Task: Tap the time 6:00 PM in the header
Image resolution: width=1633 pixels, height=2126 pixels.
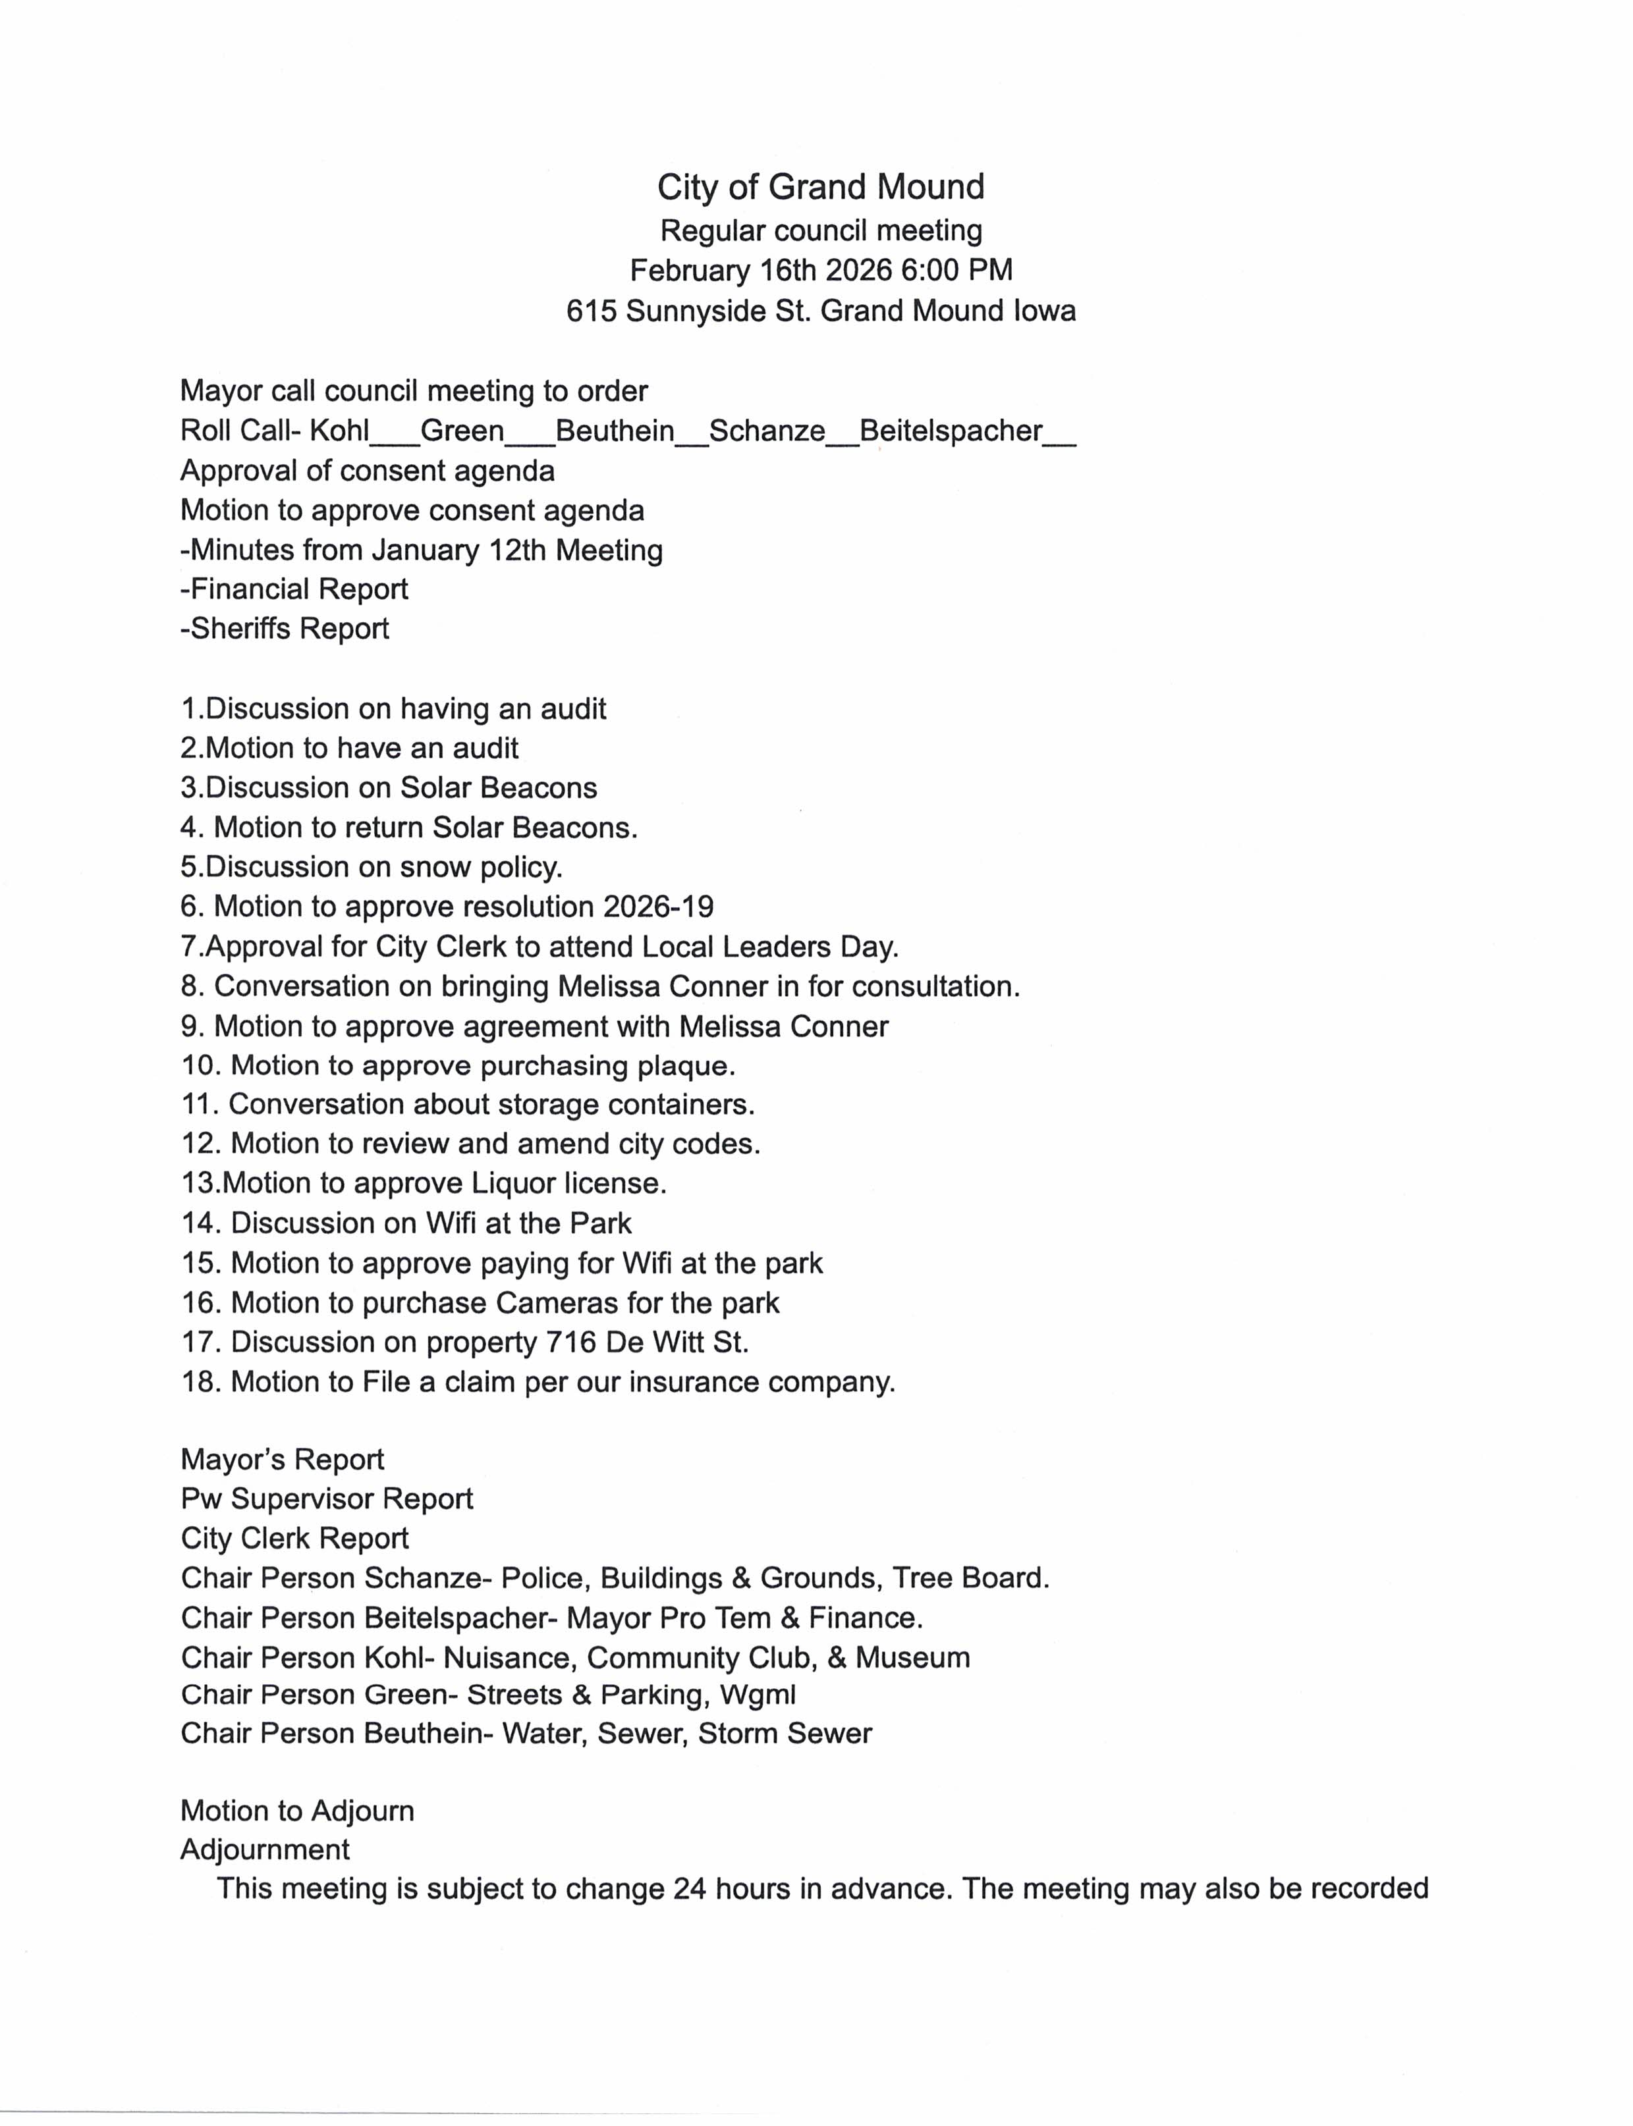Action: click(x=956, y=270)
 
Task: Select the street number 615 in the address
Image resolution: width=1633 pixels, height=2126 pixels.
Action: click(x=592, y=311)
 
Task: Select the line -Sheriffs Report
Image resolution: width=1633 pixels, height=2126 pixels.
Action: click(x=285, y=629)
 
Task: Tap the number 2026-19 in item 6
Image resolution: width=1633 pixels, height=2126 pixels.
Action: click(x=658, y=907)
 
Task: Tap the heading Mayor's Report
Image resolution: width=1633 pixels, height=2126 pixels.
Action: click(x=282, y=1460)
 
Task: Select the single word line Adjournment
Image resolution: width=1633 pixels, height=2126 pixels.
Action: click(x=264, y=1849)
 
